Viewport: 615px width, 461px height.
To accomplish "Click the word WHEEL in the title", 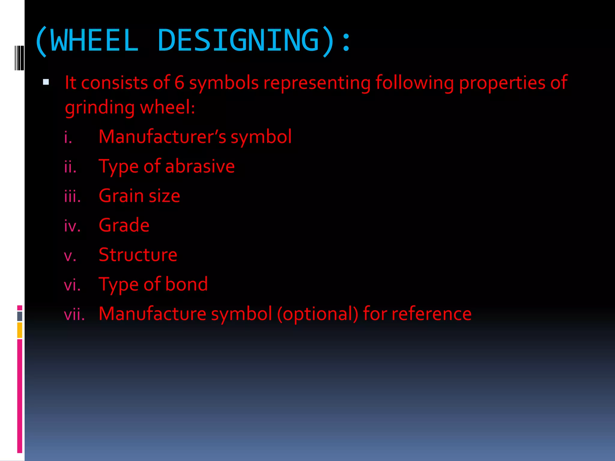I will pos(95,41).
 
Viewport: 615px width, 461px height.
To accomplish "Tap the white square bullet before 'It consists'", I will pos(46,82).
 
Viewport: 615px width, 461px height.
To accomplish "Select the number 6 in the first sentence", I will pos(179,83).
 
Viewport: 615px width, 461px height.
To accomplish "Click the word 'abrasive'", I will pos(200,166).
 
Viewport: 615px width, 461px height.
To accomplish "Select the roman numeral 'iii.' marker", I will pos(72,197).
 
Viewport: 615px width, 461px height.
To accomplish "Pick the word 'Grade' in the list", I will pos(124,225).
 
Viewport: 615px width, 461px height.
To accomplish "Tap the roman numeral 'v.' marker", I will pos(70,256).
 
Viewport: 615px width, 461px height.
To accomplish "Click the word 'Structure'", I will pos(138,255).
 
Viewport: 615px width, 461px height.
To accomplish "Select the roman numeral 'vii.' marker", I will pos(74,315).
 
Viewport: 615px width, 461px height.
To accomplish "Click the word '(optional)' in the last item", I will pos(318,314).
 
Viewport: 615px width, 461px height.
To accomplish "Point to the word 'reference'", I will pos(432,314).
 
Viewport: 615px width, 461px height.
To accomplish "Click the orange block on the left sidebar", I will pos(20,330).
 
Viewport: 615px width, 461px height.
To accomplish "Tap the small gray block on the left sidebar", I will pos(20,316).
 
